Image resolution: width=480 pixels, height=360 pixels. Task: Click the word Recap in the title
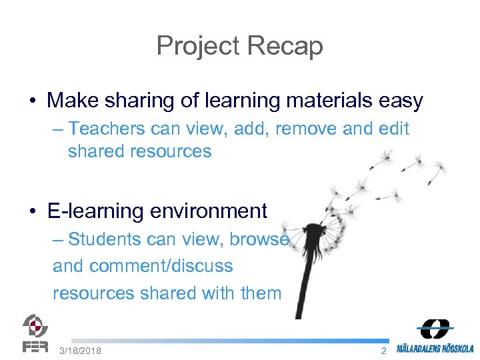coord(285,46)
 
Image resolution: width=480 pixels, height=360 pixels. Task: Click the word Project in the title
coord(198,46)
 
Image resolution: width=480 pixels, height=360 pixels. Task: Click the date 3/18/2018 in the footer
coord(80,351)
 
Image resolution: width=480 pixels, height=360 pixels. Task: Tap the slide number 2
coord(383,351)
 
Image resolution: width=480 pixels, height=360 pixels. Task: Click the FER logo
coord(35,333)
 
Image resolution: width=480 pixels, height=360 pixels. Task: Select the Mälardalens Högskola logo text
coord(435,348)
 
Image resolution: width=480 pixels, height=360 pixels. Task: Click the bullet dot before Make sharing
coord(32,101)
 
